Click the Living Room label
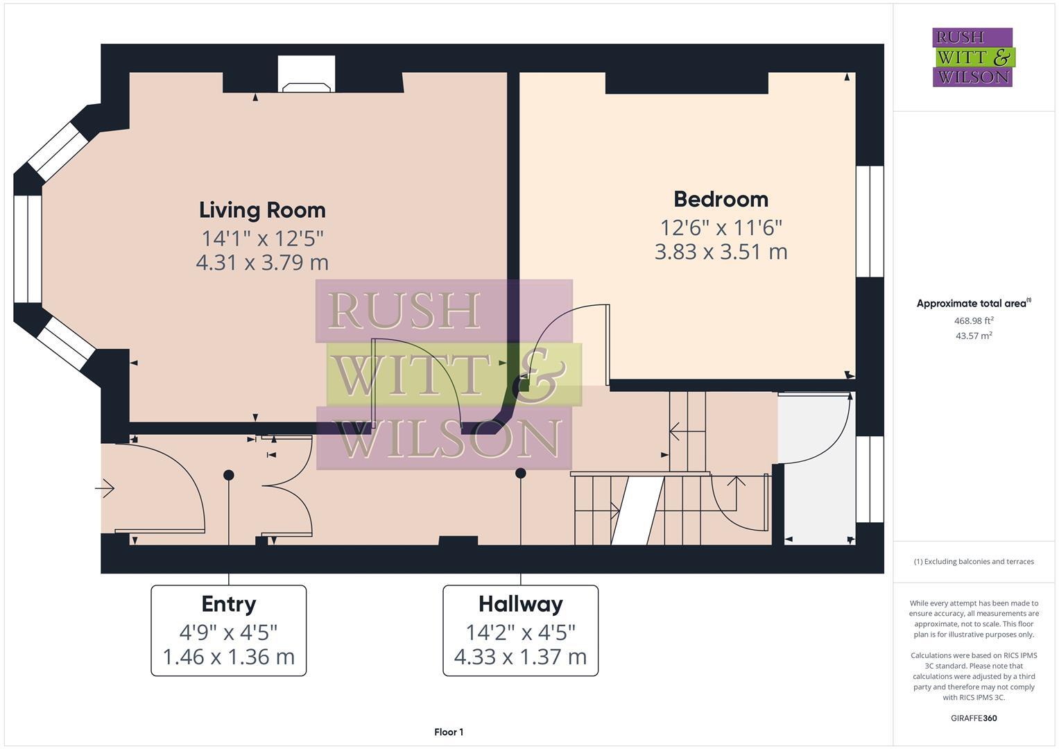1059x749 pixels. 262,210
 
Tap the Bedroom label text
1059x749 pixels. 721,200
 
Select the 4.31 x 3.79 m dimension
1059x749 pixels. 262,263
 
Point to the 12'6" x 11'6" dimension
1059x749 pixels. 721,227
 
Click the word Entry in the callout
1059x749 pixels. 229,604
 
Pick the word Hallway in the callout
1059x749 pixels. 520,604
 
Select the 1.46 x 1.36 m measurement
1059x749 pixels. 229,657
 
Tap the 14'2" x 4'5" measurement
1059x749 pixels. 520,632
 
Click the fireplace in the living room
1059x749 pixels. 306,76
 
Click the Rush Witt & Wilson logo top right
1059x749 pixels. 972,57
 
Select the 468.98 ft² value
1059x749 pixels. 974,320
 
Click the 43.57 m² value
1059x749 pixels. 974,336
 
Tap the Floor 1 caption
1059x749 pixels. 449,732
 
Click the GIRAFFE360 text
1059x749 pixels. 973,718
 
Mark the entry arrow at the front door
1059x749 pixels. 105,489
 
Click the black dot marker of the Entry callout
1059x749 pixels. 229,475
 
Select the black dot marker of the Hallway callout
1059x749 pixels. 520,473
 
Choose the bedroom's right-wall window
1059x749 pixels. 870,221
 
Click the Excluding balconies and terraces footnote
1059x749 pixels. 973,562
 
